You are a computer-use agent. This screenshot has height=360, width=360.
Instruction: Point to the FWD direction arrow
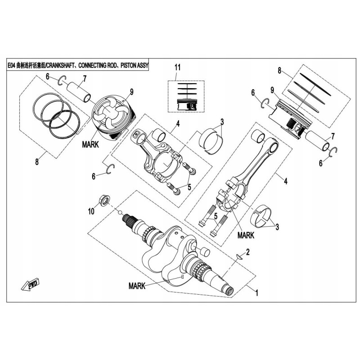click(28, 285)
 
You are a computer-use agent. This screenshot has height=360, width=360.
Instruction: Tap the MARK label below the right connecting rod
click(246, 234)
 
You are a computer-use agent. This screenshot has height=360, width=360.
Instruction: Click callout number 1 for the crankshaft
click(256, 292)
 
